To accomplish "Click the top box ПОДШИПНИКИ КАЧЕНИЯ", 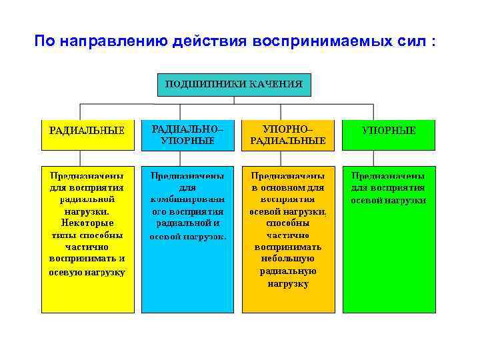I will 233,85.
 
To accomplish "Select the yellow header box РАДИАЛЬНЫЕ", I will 87,131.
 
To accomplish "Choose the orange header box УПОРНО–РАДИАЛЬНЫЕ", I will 287,135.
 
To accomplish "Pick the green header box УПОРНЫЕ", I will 388,131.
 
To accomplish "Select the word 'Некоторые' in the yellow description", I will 87,223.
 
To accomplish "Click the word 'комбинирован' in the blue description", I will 187,199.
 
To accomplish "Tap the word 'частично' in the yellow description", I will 87,247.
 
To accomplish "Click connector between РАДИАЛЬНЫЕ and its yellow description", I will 80,157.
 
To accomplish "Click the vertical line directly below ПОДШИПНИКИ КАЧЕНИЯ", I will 233,100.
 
